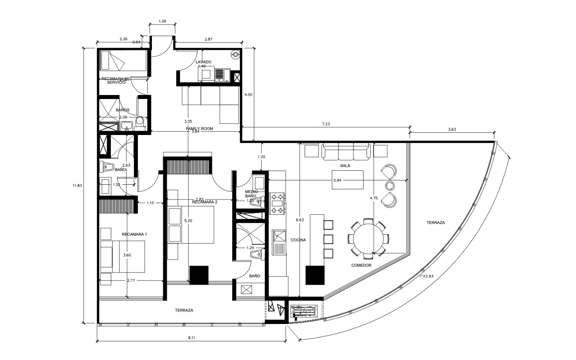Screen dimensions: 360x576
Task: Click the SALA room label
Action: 345,166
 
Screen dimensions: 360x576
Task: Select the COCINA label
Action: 298,240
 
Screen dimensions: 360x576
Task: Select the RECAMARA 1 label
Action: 134,234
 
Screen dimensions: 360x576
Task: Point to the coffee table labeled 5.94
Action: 347,180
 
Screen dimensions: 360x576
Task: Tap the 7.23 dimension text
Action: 326,124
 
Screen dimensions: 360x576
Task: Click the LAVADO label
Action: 203,62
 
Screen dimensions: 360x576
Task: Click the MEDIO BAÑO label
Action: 251,194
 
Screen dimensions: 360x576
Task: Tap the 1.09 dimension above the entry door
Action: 162,22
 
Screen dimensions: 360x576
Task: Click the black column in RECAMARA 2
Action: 199,275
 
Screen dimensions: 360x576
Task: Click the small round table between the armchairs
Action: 390,186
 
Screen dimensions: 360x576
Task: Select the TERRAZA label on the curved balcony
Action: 436,223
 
